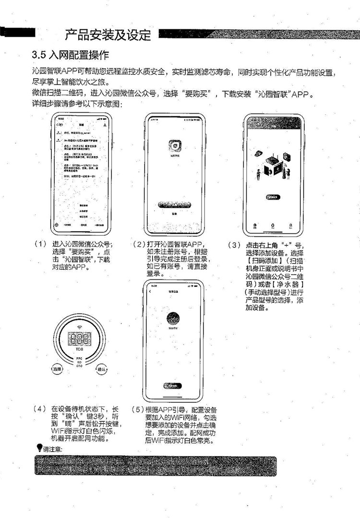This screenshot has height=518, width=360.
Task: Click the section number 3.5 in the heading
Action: (x=39, y=54)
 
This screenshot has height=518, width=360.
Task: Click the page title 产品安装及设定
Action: (x=108, y=35)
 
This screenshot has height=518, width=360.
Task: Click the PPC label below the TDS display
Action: (x=80, y=358)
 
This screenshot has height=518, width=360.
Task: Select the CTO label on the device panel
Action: (x=80, y=366)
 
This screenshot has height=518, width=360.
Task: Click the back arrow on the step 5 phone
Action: (x=150, y=292)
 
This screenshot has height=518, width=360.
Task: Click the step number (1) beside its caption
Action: (x=40, y=244)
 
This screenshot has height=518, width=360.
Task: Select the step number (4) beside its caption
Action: (x=40, y=410)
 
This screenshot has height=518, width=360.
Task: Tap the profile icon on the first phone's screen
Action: (x=104, y=124)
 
